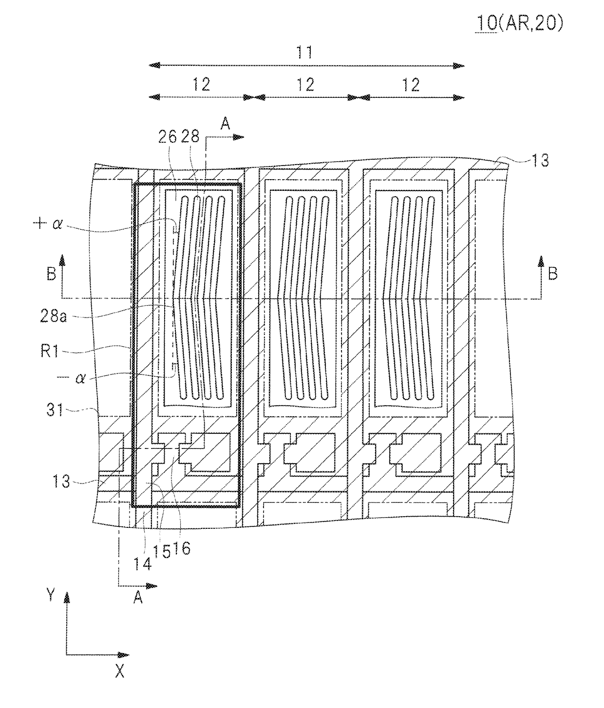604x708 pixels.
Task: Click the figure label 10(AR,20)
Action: click(520, 23)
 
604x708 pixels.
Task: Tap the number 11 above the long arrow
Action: click(304, 53)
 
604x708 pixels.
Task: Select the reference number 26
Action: click(168, 137)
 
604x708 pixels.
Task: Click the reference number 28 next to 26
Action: click(190, 137)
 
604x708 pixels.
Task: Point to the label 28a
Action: click(53, 316)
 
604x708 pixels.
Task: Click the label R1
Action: click(50, 352)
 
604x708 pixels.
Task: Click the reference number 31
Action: click(55, 410)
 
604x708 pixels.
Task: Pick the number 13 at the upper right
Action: click(540, 160)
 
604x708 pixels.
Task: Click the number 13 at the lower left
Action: click(61, 481)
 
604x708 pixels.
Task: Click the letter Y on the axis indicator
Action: click(51, 594)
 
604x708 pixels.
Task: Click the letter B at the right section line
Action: click(552, 274)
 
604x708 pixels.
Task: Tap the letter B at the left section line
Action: click(52, 274)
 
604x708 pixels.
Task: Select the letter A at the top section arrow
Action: click(225, 123)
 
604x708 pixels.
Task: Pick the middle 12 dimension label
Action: click(305, 85)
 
